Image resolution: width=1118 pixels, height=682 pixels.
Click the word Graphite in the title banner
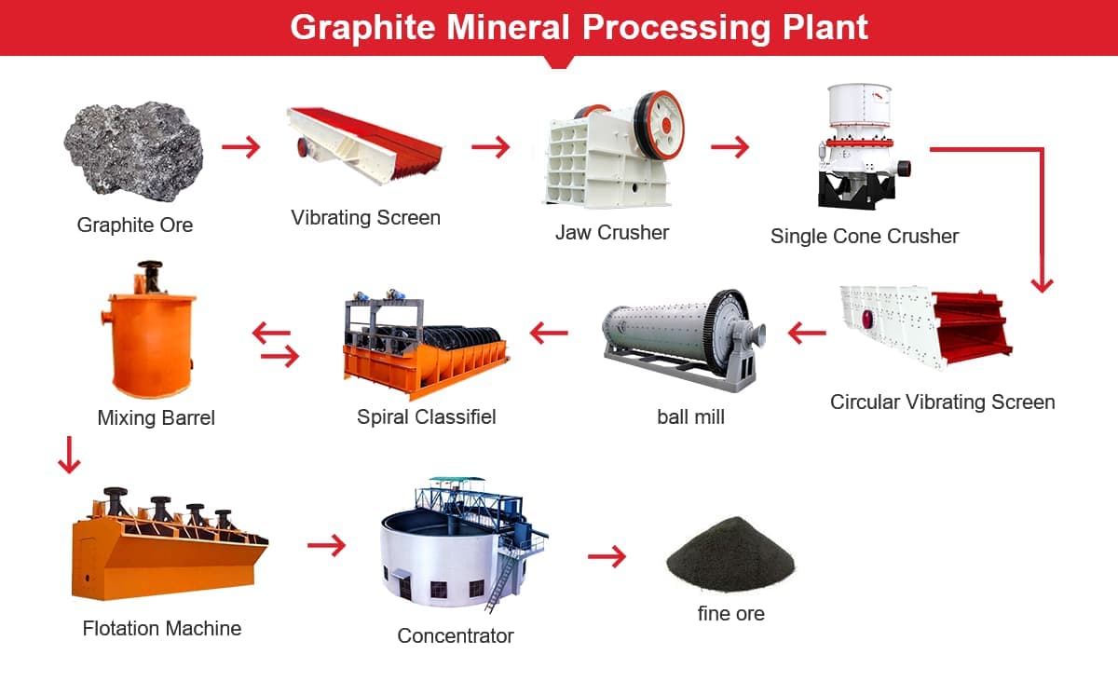[362, 28]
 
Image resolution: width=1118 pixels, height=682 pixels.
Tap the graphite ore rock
[134, 151]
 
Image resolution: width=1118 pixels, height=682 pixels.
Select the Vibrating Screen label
[366, 218]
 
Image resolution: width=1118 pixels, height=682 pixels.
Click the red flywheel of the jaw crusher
[660, 126]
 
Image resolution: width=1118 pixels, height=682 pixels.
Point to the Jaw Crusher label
[612, 233]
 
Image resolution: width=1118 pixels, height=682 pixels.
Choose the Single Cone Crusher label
[865, 237]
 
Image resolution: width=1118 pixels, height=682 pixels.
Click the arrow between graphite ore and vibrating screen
[241, 147]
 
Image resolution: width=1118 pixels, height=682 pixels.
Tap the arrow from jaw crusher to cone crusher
[729, 147]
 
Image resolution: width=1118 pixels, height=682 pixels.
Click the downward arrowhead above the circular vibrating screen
[1043, 286]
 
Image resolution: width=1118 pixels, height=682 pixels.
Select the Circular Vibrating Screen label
[942, 402]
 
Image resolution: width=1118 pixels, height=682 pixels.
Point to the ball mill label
[690, 417]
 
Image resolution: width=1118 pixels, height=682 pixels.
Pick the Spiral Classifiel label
[427, 417]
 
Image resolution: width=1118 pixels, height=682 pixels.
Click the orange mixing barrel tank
[150, 345]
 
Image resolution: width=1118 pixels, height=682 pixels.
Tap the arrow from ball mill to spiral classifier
[549, 333]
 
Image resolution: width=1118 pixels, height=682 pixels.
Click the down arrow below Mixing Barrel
[69, 455]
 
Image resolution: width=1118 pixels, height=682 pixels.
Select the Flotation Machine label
[162, 629]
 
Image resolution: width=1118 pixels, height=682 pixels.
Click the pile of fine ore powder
[730, 554]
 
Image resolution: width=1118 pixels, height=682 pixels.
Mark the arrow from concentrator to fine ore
[607, 556]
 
